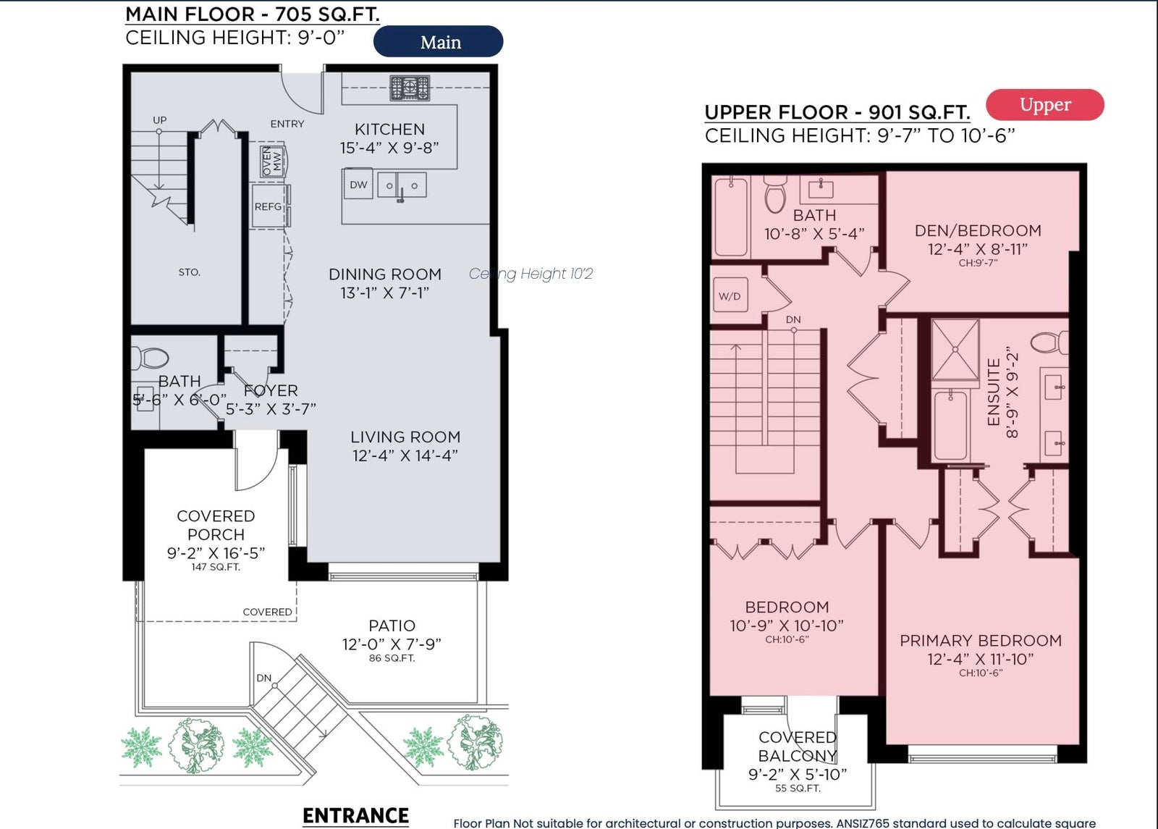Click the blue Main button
tap(438, 41)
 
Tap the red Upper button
tap(1045, 104)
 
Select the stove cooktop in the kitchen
tap(410, 88)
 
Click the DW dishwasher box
tap(358, 184)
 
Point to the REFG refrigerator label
tap(268, 207)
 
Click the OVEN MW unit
tap(272, 161)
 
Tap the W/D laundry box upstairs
tap(730, 295)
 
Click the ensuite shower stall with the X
tap(955, 350)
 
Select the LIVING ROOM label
tap(405, 437)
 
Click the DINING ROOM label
tap(385, 274)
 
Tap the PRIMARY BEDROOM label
tap(981, 641)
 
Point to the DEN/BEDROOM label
tap(978, 231)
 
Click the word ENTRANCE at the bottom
tap(355, 815)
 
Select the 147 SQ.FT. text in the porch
tap(216, 567)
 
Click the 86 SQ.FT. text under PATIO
tap(392, 658)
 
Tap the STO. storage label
tap(189, 272)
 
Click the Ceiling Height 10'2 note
tap(531, 274)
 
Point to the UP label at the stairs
tap(160, 120)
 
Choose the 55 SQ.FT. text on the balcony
tap(798, 788)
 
